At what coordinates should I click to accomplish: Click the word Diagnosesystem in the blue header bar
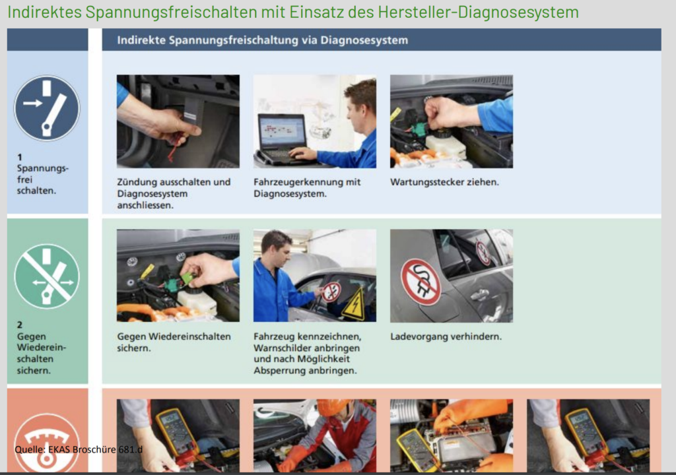click(364, 40)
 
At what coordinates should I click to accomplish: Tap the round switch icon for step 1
click(47, 108)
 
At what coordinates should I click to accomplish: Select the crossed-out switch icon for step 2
click(47, 276)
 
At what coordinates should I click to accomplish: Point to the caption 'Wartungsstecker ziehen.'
click(444, 182)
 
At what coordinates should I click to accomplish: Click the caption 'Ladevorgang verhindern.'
click(446, 336)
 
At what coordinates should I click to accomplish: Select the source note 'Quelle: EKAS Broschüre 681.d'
click(79, 449)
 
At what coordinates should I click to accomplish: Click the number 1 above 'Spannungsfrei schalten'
click(19, 157)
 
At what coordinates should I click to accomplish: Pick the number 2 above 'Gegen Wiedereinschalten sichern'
click(20, 325)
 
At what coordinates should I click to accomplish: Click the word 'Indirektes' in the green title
click(44, 12)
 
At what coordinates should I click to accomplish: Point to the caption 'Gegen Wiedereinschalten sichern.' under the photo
click(174, 342)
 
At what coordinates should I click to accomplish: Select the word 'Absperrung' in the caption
click(279, 371)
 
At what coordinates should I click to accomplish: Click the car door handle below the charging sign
click(479, 295)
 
